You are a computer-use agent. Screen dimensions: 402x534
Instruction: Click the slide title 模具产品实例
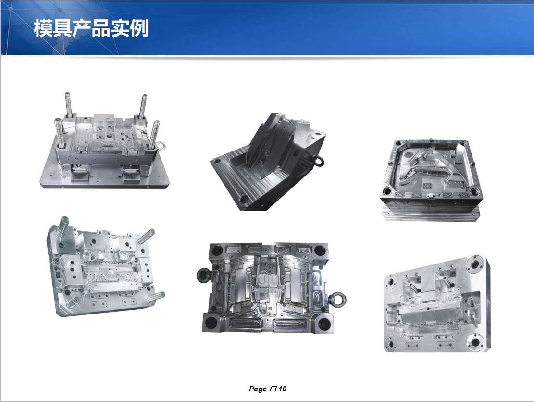(x=91, y=28)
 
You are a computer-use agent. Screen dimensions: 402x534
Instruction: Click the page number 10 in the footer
(x=283, y=389)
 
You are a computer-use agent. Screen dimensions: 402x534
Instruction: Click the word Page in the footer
(x=258, y=389)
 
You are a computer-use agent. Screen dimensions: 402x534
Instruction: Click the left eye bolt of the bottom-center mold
(x=202, y=276)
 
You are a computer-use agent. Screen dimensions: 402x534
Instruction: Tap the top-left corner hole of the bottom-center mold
(x=217, y=250)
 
